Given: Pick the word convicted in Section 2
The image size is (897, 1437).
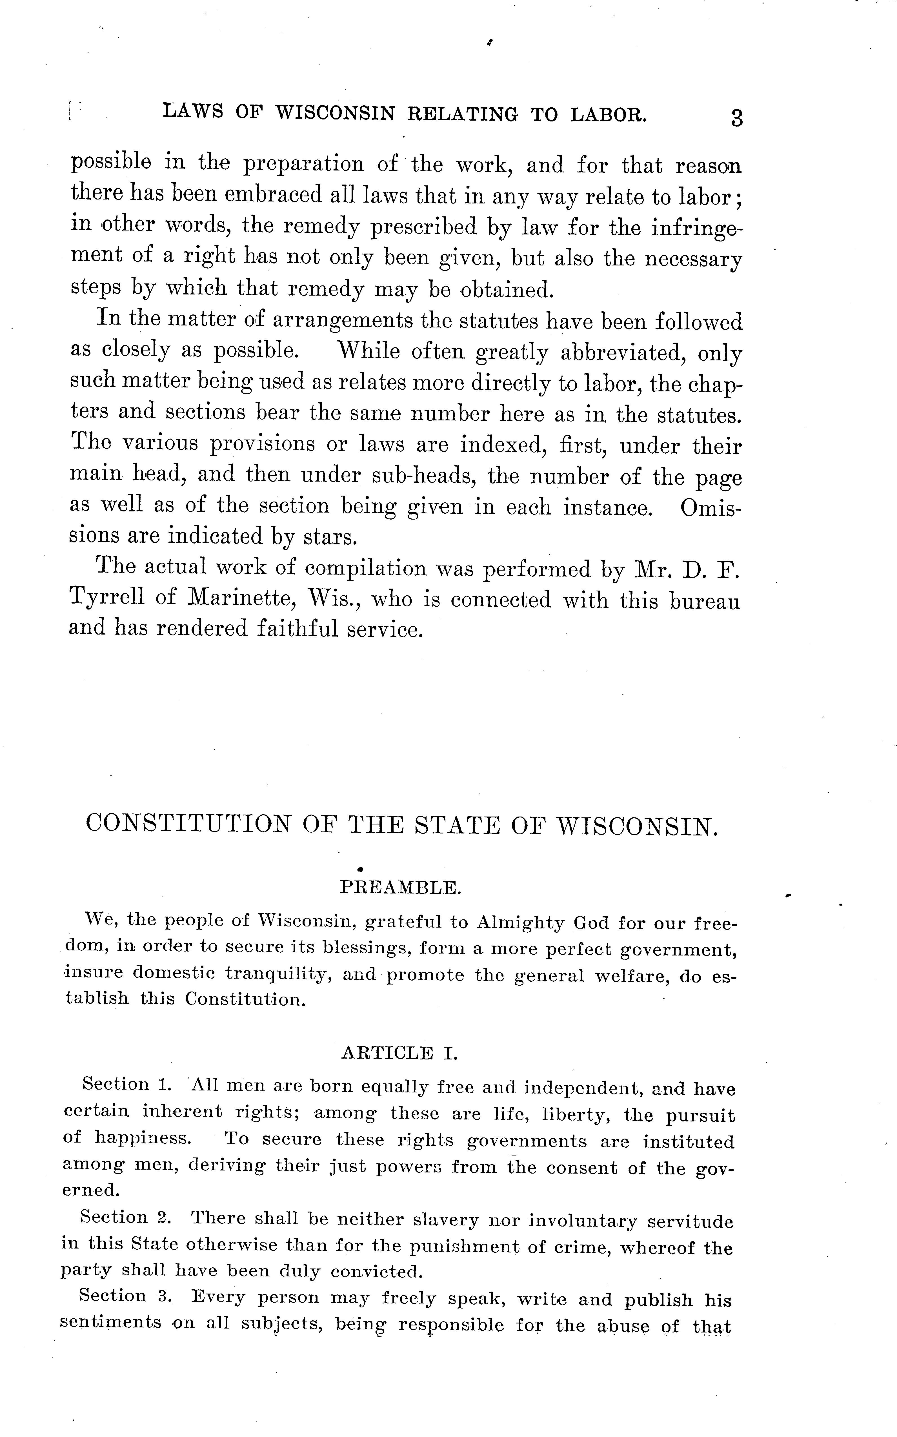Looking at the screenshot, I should pos(375,1272).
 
